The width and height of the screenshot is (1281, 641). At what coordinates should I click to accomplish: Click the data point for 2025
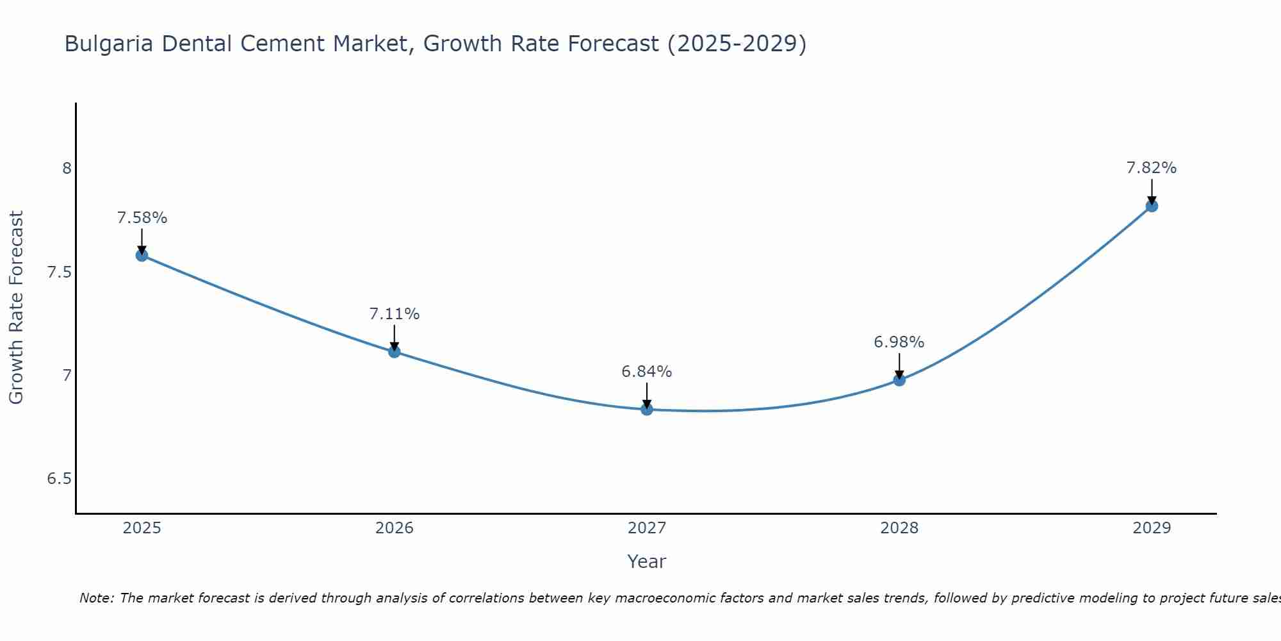tap(142, 255)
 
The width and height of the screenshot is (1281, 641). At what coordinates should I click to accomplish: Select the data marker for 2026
tap(395, 351)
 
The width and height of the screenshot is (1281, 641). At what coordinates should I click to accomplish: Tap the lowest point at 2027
tap(647, 409)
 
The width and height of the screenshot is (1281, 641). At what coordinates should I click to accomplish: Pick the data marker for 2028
tap(899, 379)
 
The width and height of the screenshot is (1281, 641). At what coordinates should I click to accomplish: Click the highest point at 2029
tap(1152, 206)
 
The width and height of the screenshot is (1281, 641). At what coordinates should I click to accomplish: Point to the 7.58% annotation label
tap(142, 218)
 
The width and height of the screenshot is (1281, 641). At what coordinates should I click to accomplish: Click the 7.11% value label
tap(395, 314)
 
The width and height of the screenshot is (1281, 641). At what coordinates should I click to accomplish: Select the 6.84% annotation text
tap(647, 372)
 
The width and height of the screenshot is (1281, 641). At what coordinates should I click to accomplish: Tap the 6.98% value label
tap(899, 342)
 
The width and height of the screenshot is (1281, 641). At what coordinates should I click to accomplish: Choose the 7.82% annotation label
tap(1152, 168)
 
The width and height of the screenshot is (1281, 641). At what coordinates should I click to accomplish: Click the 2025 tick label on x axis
tap(142, 528)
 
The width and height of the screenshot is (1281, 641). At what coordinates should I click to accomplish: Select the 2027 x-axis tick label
tap(647, 528)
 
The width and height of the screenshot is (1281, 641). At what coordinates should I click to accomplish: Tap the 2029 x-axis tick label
tap(1152, 528)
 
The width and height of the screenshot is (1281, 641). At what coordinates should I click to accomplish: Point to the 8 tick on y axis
tap(67, 169)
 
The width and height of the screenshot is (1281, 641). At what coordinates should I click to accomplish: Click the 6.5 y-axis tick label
tap(59, 479)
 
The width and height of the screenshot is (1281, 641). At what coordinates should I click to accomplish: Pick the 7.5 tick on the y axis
tap(59, 272)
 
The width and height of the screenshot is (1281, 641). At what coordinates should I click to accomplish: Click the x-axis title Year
tap(647, 562)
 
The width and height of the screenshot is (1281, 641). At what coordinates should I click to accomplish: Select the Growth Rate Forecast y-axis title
tap(16, 308)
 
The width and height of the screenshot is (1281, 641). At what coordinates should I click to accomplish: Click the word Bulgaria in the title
tap(109, 44)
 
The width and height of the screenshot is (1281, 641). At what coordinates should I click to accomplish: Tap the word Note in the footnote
tap(95, 598)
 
